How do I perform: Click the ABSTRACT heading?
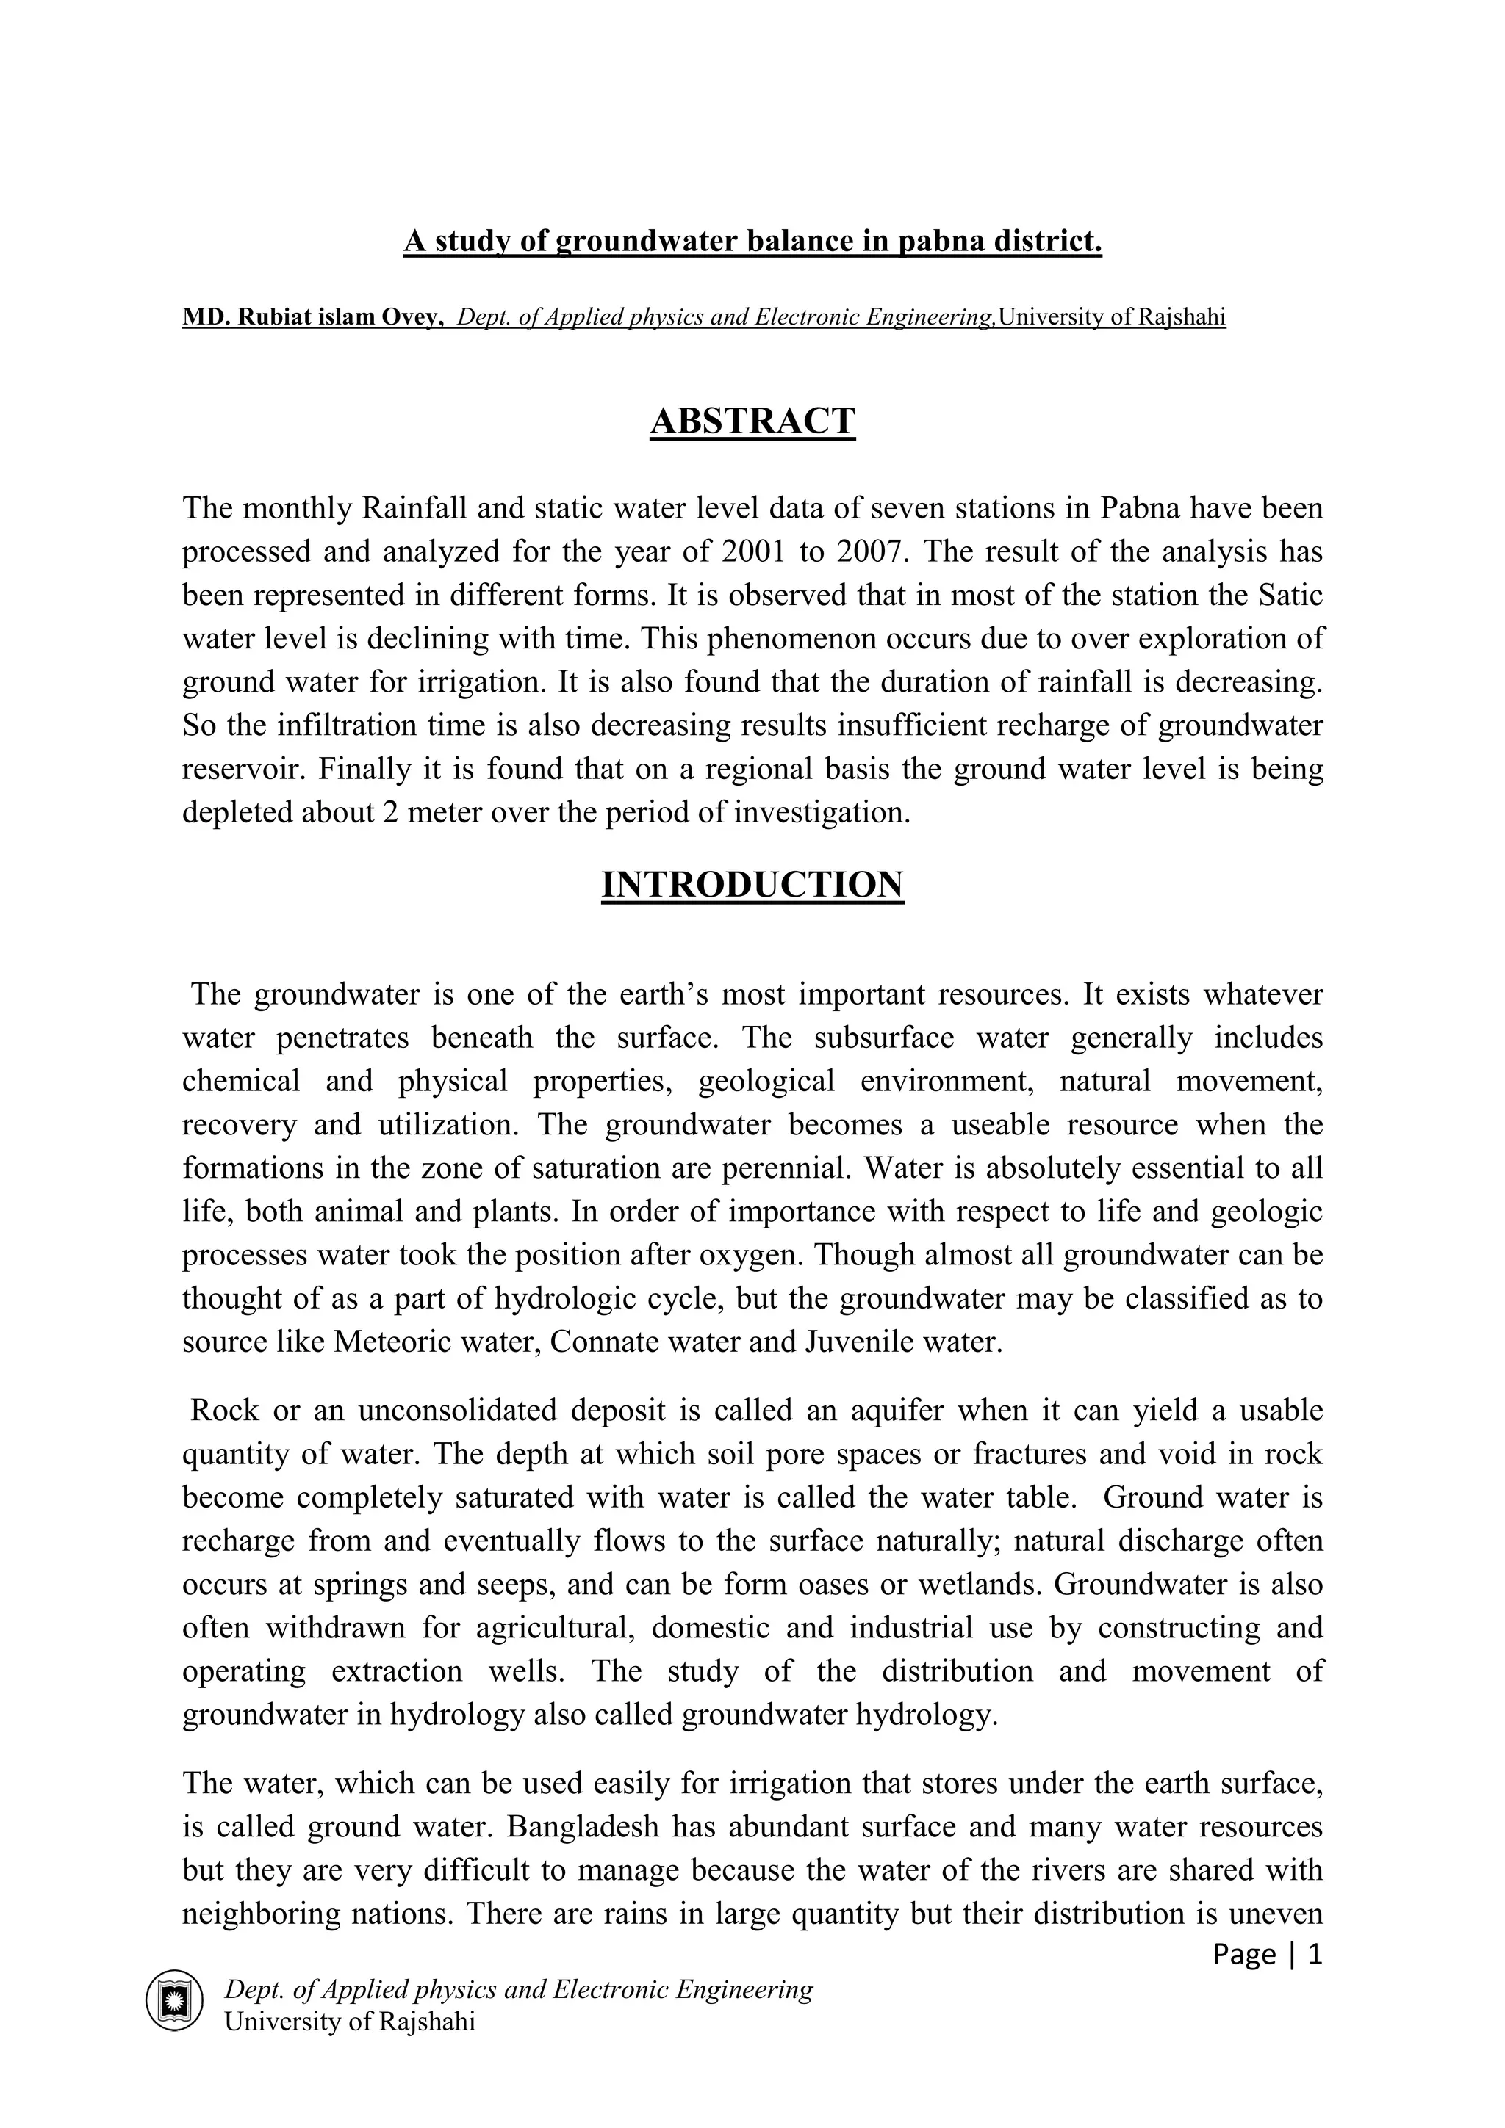pos(752,421)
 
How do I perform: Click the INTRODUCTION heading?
pos(752,885)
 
